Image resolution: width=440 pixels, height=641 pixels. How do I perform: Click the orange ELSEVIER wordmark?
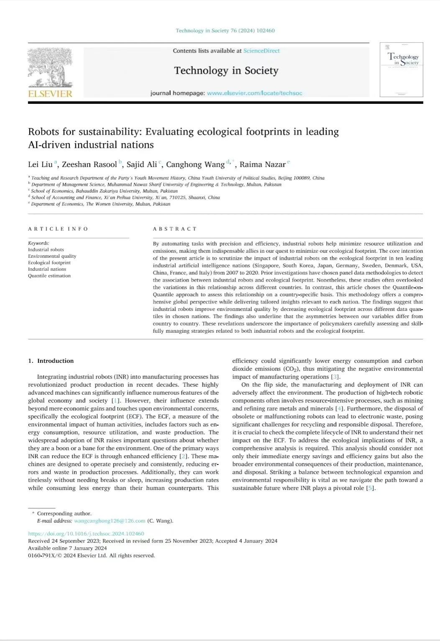[x=50, y=94]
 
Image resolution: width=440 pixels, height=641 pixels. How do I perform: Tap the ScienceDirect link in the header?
[x=261, y=51]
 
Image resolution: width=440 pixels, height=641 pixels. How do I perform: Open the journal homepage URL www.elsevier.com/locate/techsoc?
[x=254, y=93]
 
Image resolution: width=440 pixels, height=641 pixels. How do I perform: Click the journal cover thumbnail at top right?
[x=401, y=69]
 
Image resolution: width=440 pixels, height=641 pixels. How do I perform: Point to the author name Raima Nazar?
[x=262, y=164]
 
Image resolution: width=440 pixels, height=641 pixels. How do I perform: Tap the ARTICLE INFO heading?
[x=58, y=229]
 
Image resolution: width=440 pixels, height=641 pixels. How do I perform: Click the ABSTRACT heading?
[x=174, y=229]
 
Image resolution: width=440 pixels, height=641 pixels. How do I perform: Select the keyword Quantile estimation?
[x=49, y=276]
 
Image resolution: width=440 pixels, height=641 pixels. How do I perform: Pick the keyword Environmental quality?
[x=52, y=256]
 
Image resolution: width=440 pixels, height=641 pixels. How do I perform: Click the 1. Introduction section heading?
[x=51, y=361]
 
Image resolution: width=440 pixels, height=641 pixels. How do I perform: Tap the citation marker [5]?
[x=370, y=488]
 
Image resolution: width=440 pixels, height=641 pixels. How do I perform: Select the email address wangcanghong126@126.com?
[x=110, y=521]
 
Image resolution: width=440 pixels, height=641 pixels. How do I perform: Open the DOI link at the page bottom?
[x=86, y=533]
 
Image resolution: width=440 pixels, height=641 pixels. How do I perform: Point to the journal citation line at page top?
[x=225, y=31]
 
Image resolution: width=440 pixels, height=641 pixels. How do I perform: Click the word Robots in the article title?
[x=44, y=132]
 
